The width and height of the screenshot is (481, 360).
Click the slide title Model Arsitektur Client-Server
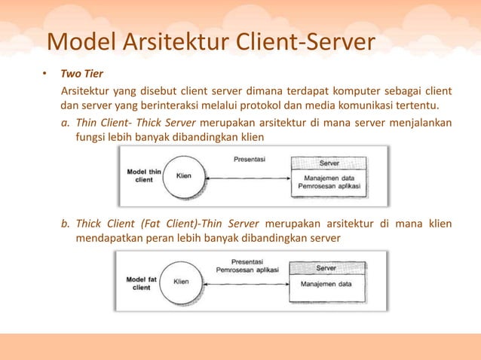click(x=210, y=42)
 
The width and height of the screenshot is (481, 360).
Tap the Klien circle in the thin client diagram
click(x=183, y=175)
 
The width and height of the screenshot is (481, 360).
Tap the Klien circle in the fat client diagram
click(x=181, y=282)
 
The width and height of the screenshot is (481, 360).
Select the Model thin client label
click(x=143, y=175)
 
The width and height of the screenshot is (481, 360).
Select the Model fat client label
click(x=141, y=282)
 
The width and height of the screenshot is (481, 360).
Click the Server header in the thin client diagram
click(x=329, y=162)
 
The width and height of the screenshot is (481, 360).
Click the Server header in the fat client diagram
click(x=326, y=268)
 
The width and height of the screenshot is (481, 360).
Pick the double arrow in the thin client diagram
click(x=248, y=178)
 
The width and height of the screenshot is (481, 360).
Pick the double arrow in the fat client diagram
click(x=248, y=281)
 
